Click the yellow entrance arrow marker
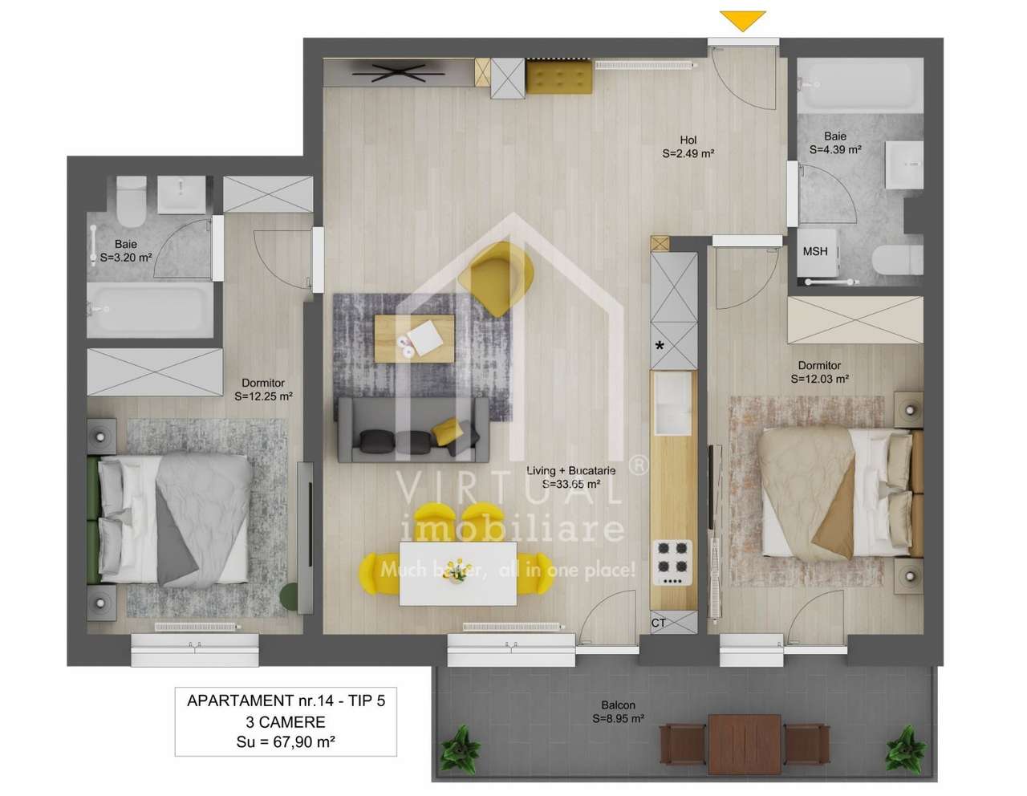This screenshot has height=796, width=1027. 742,20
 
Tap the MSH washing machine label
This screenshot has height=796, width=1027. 815,251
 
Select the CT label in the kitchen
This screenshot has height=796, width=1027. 659,623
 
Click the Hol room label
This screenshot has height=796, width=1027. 688,140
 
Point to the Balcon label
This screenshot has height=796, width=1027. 618,705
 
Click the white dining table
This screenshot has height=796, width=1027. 457,573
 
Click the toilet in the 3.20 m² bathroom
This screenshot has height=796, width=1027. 131,201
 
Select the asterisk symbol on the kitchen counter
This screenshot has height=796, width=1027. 660,347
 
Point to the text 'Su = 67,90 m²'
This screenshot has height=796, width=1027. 286,742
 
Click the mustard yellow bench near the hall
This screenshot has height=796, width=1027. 559,78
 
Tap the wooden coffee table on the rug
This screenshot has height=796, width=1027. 414,337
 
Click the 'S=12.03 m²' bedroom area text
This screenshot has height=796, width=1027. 819,379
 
